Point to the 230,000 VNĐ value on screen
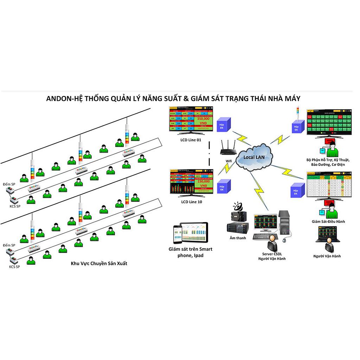pyautogui.click(x=203, y=183)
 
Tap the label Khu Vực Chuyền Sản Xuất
pyautogui.click(x=99, y=263)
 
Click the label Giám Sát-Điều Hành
pyautogui.click(x=328, y=221)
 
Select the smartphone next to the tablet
pyautogui.click(x=176, y=233)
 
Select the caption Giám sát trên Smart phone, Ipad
pyautogui.click(x=191, y=252)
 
